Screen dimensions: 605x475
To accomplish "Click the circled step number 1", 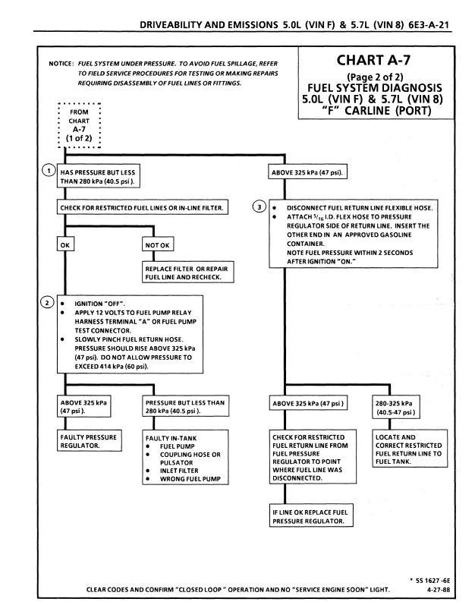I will (49, 169).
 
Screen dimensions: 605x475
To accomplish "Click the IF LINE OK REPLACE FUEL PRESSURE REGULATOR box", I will (310, 517).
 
